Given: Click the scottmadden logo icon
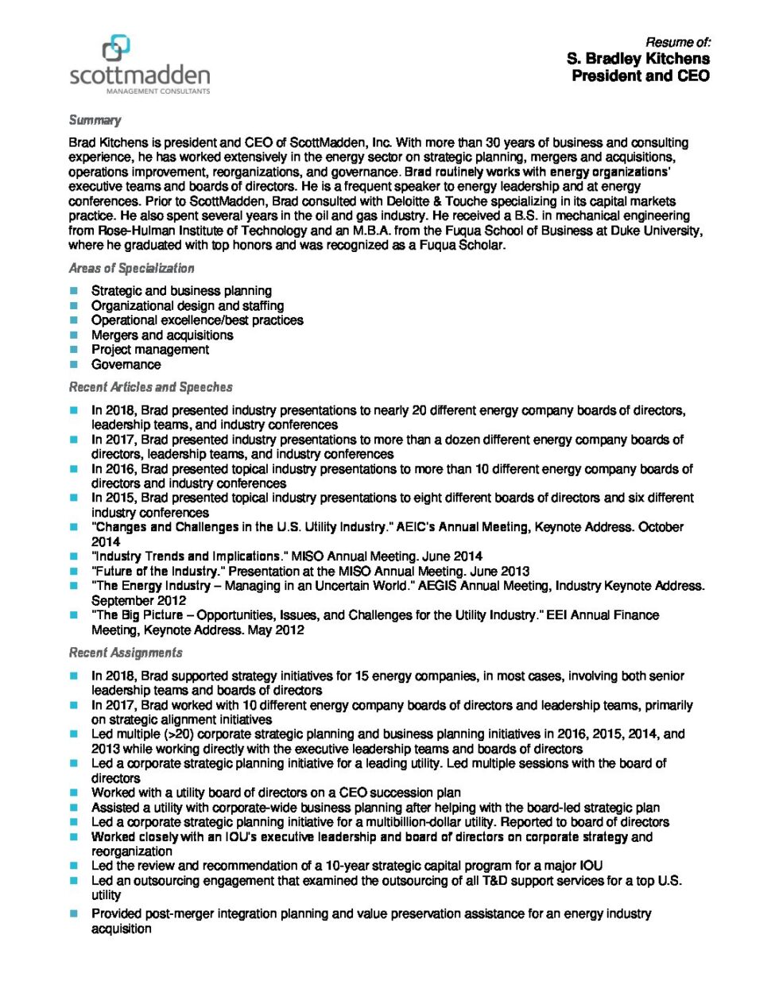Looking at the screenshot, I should coord(116,48).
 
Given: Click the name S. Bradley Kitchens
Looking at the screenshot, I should coord(638,59).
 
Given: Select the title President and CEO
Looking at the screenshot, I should coord(640,76).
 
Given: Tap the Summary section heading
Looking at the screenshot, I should coord(95,120).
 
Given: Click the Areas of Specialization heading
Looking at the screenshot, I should coord(131,268).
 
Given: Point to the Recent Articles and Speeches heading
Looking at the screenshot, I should coord(150,387).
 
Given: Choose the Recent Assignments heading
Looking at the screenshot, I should coord(125,653).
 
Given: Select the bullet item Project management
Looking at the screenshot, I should coord(149,350).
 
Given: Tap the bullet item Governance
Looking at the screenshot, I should coord(126,365).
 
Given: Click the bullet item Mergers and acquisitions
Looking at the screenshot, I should coord(162,335).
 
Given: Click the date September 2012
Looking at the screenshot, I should coord(138,601).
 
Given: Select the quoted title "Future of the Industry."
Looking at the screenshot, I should coord(156,572).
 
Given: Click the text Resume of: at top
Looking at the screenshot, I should coord(677,42).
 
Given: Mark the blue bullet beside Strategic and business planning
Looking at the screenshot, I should coord(74,291).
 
